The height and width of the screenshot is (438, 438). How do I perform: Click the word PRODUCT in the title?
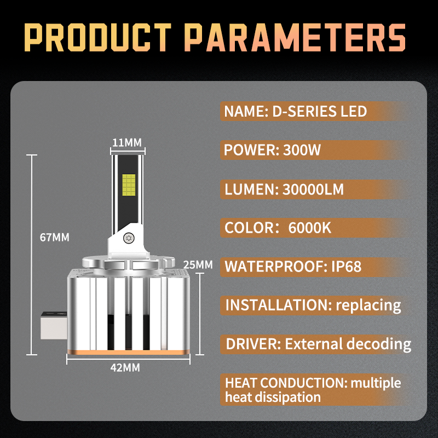pos(98,37)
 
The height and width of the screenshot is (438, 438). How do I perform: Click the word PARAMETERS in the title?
pos(295,37)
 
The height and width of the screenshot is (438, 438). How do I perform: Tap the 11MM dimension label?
pos(127,142)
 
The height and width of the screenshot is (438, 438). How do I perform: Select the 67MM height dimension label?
pos(54,238)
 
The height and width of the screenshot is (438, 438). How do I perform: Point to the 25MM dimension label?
pos(198,265)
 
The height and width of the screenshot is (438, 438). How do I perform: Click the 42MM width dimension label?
pos(125,367)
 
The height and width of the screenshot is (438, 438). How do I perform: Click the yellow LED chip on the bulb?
pos(129,185)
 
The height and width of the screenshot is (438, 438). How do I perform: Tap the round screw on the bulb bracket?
pos(129,238)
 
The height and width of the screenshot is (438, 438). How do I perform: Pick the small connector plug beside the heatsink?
pos(54,325)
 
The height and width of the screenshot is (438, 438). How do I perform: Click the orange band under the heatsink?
pos(128,352)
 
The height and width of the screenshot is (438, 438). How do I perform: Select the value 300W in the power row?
pos(302,150)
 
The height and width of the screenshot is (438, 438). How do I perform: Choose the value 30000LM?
pos(313,189)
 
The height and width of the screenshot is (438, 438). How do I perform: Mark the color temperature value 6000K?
pos(310,228)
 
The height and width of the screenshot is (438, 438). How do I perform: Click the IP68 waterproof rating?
pos(347,266)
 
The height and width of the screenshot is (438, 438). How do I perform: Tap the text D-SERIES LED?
pos(320,111)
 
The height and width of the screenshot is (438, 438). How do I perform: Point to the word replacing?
pos(368,306)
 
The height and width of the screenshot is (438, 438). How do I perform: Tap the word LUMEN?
pos(251,189)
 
